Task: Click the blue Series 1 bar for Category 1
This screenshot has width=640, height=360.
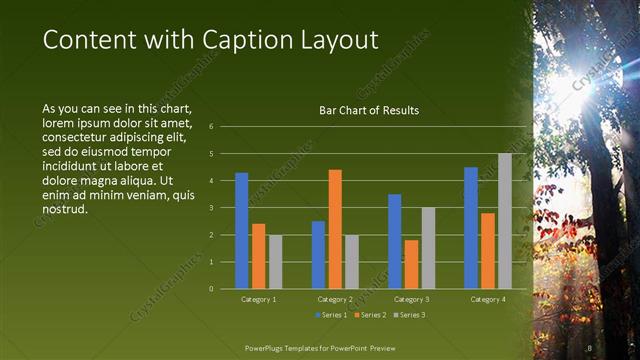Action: click(x=241, y=230)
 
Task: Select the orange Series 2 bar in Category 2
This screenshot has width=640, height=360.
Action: click(x=335, y=229)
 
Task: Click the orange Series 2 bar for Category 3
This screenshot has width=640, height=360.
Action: click(x=411, y=264)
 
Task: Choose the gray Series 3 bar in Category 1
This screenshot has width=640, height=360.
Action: click(x=275, y=261)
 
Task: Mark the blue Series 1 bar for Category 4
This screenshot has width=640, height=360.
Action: click(x=471, y=227)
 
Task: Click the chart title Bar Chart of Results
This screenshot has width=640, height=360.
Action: click(x=368, y=110)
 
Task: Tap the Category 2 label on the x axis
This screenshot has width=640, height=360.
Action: click(x=335, y=299)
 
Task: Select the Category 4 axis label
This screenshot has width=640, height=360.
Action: click(x=487, y=299)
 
